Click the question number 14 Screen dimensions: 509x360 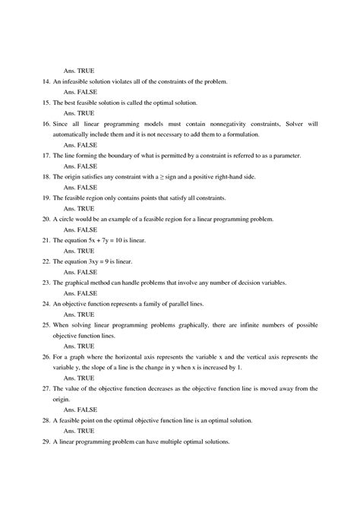(x=46, y=81)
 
